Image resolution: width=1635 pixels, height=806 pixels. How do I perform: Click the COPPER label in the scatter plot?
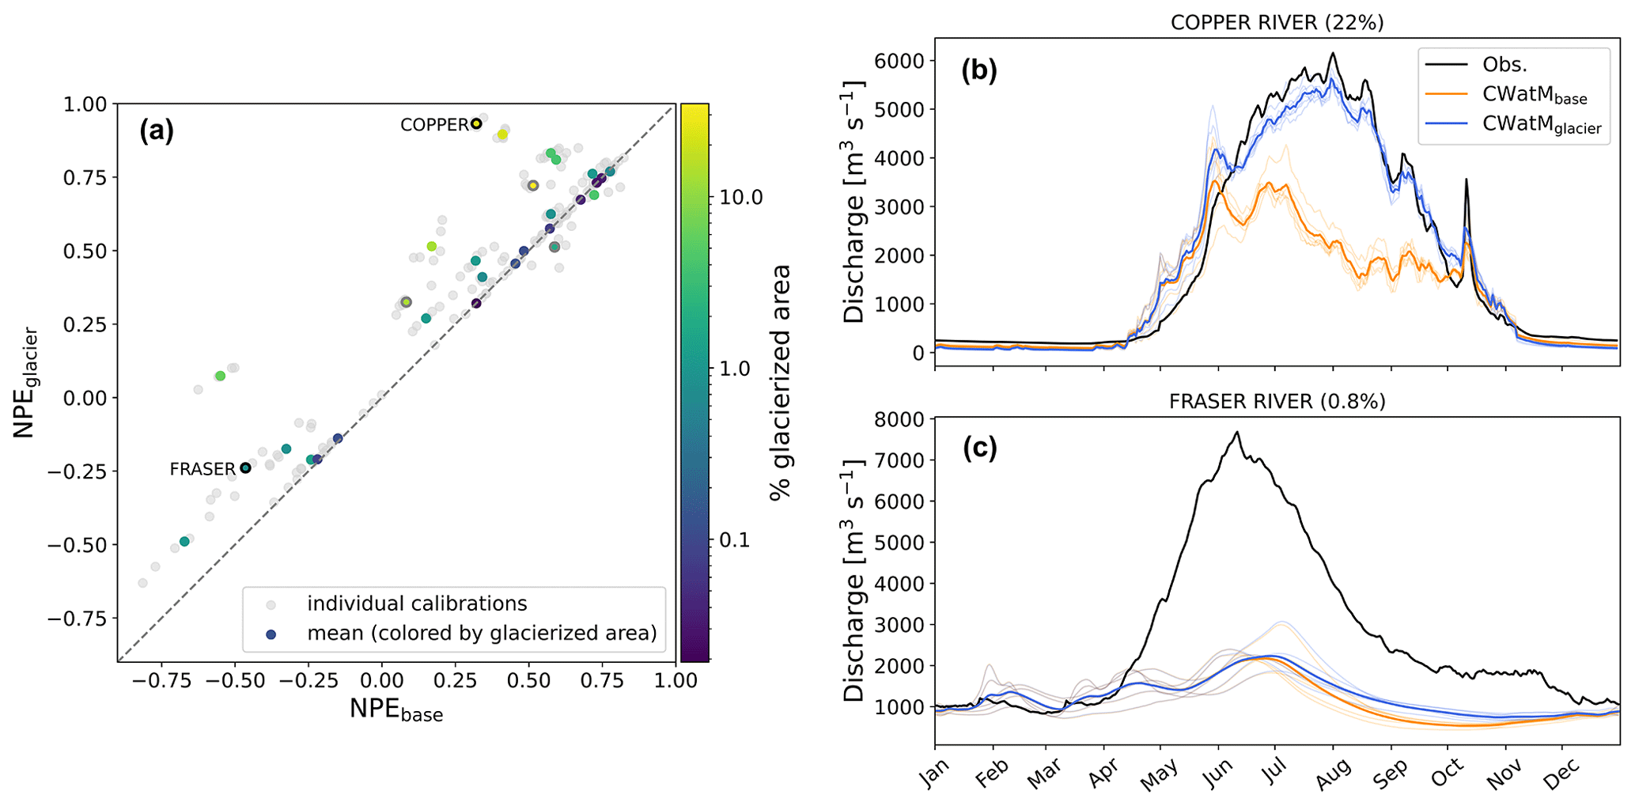pos(434,125)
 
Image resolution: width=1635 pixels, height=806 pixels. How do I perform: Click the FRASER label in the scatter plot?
pos(202,469)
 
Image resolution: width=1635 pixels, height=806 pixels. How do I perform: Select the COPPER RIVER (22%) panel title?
pos(1277,22)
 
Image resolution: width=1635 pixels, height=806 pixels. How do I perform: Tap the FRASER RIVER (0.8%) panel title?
pos(1277,402)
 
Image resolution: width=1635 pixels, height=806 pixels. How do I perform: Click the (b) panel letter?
pos(979,71)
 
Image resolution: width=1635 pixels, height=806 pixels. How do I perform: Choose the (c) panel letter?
pos(979,448)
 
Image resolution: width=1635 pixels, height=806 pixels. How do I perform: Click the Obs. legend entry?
pos(1504,65)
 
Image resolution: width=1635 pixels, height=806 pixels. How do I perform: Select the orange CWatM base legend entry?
pos(1534,96)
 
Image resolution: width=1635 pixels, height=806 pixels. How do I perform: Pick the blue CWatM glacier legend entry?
pos(1542,127)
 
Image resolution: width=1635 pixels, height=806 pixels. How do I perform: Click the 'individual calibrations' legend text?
pos(417,604)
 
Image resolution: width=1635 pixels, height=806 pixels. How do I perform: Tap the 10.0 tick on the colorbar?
pos(741,197)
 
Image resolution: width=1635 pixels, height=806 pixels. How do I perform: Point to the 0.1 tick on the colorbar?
pos(736,540)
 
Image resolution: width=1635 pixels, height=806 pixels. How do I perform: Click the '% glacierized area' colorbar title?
pos(780,382)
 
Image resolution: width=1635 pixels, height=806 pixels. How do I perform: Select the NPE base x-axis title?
pos(396,710)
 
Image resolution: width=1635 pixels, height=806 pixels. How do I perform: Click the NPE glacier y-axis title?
pos(25,382)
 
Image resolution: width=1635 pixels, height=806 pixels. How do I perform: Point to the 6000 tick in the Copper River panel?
pos(899,61)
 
